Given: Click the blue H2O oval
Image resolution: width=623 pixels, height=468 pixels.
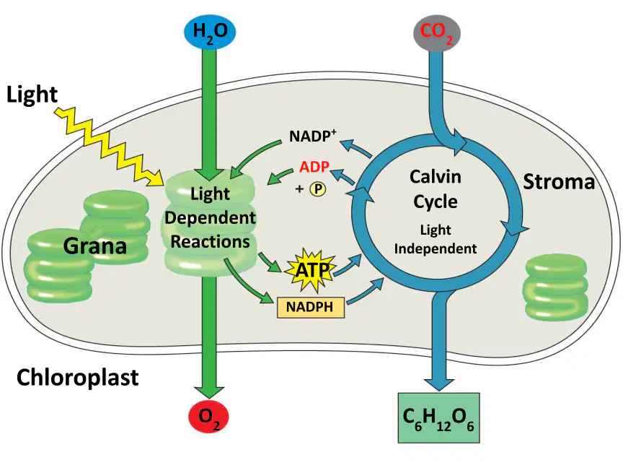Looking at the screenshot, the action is (210, 32).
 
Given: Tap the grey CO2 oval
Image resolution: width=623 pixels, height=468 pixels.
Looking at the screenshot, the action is (437, 33).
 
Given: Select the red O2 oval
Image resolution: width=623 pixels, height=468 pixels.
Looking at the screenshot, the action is (208, 417).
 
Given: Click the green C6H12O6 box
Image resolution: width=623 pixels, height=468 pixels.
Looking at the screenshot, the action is (438, 418).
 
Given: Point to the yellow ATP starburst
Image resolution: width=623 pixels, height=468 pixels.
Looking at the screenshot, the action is (311, 270).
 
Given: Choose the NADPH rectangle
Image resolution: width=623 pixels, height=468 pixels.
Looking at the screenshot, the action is (310, 307).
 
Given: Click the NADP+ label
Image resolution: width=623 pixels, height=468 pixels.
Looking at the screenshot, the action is (313, 136).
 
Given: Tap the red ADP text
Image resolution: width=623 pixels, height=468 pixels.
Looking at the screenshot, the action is (314, 167).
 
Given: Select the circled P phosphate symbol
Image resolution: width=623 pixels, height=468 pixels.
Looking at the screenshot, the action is (318, 189).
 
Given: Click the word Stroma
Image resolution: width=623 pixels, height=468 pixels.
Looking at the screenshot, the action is (559, 182).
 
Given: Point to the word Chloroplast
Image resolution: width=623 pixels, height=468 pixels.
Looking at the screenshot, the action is (77, 377).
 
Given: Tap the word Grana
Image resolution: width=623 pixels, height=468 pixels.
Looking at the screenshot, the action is (95, 246).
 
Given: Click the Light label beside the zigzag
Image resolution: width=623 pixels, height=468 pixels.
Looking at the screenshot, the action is (32, 95).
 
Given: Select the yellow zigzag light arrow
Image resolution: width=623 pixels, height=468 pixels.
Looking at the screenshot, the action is (110, 147).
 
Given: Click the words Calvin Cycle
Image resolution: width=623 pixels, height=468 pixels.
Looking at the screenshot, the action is (436, 189).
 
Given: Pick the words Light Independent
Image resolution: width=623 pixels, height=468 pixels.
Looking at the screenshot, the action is (436, 239).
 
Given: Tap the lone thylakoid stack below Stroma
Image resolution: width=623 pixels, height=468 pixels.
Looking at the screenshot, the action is (556, 287).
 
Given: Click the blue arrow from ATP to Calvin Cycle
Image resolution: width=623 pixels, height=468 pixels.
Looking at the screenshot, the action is (348, 264).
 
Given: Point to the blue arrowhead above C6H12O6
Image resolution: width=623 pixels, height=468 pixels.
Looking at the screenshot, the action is (438, 382).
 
